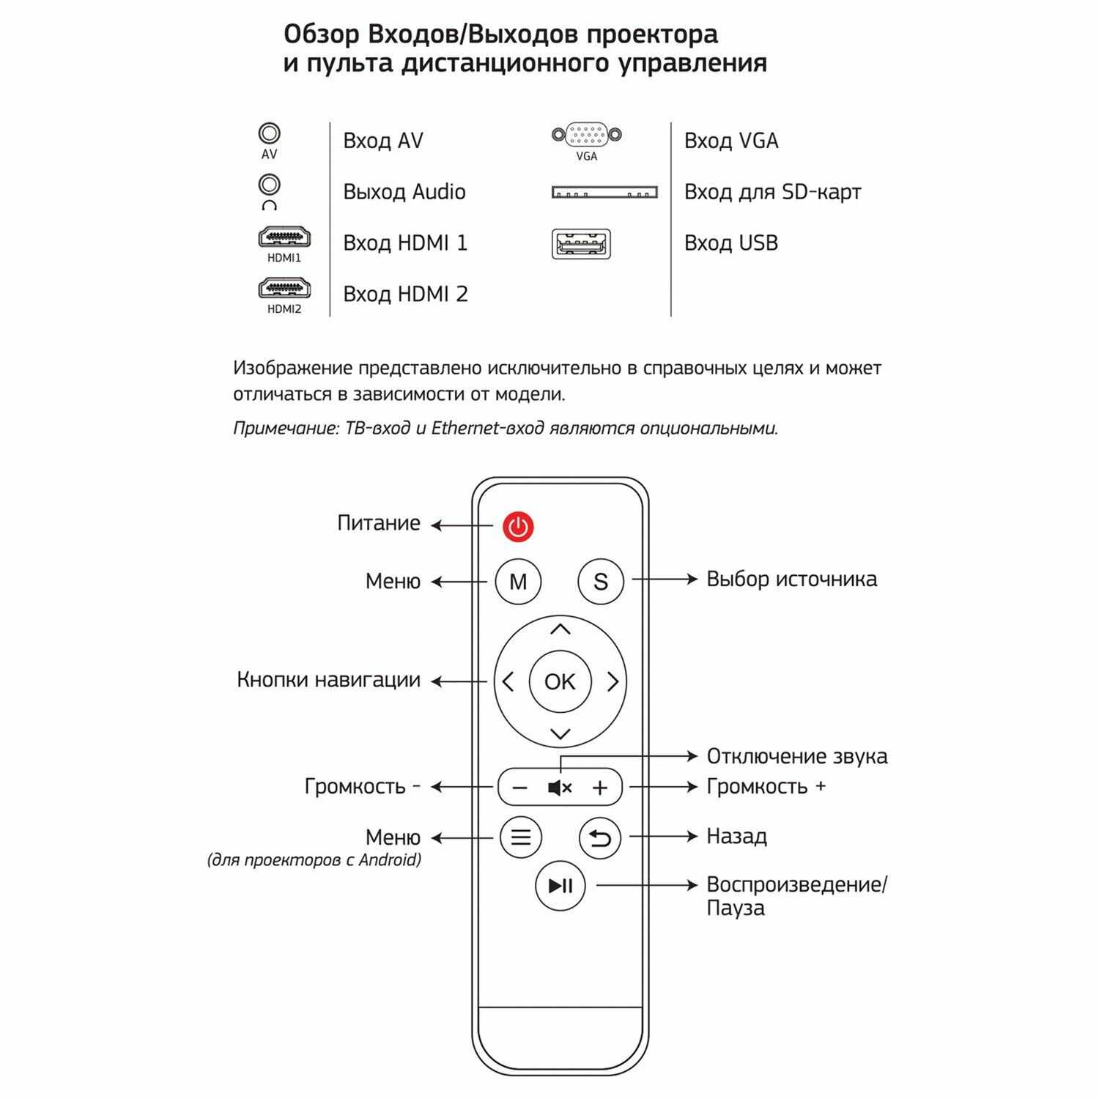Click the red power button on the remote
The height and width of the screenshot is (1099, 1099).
518,527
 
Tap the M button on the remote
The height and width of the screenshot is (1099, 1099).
518,582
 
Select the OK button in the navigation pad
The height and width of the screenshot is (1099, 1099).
560,682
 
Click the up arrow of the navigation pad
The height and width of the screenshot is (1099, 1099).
560,629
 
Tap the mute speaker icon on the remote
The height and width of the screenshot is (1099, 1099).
560,788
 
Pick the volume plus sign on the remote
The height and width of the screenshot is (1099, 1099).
600,788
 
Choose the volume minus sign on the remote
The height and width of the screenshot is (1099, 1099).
519,788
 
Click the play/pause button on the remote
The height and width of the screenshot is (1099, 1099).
560,886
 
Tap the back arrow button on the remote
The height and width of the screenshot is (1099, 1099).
600,837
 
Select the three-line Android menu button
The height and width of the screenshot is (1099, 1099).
520,837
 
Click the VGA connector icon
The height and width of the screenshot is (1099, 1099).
586,135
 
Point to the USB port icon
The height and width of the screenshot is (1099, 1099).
581,243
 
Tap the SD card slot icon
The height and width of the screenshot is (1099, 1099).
604,193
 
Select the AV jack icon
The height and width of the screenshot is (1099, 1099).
270,134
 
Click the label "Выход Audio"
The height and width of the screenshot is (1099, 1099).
404,192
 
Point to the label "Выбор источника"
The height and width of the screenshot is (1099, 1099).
791,580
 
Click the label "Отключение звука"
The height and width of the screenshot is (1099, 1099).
796,757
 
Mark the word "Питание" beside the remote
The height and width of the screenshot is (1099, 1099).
379,524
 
